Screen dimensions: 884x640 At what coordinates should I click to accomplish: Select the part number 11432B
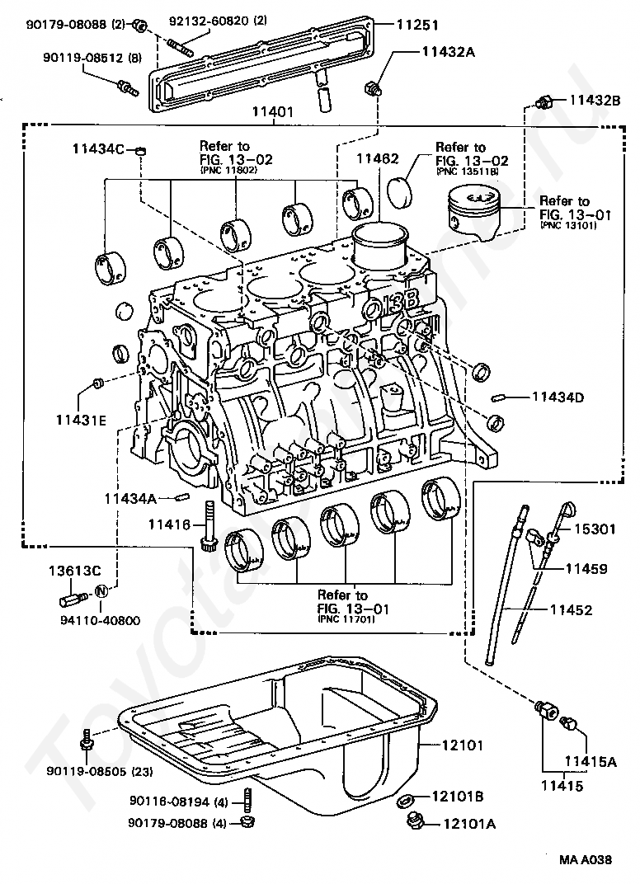pos(593,101)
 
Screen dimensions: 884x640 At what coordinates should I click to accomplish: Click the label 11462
pos(377,158)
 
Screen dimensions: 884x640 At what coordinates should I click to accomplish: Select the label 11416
pos(170,524)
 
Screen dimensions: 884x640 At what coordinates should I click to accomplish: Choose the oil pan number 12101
pos(462,745)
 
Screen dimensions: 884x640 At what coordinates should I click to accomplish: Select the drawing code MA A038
pos(586,859)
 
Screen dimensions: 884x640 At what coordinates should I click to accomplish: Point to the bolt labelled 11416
pos(208,524)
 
